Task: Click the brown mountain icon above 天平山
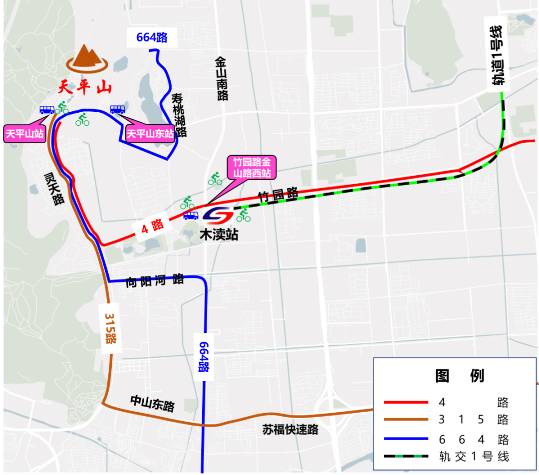[88, 57]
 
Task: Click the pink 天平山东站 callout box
[150, 134]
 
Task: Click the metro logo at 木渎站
[218, 216]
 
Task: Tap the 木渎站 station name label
[219, 235]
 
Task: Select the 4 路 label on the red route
[152, 228]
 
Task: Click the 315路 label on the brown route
[110, 328]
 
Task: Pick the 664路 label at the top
[152, 37]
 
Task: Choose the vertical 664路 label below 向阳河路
[203, 357]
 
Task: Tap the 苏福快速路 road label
[290, 429]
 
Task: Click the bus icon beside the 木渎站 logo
[191, 216]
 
